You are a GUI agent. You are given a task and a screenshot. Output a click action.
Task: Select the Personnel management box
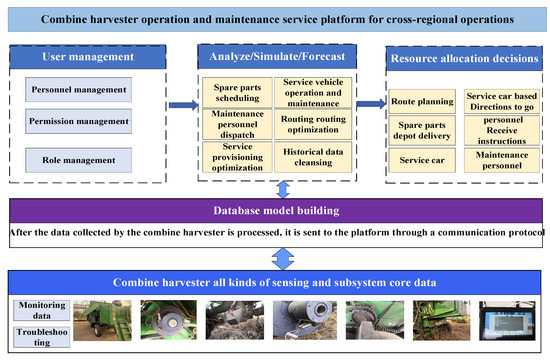[79, 91]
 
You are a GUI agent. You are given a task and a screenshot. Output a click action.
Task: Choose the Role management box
[79, 159]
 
